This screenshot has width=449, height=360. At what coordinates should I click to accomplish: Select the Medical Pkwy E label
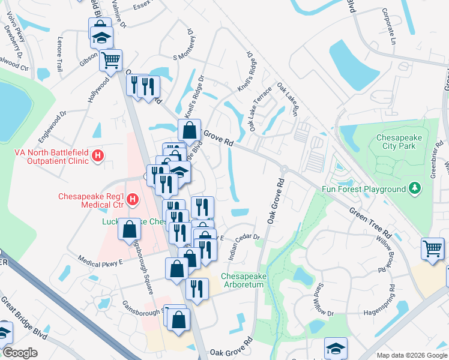click(100, 259)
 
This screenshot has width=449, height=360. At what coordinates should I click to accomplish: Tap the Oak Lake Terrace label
click(260, 106)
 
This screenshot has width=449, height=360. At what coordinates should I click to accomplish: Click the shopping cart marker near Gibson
click(110, 59)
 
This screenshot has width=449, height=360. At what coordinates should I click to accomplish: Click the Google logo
click(20, 353)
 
